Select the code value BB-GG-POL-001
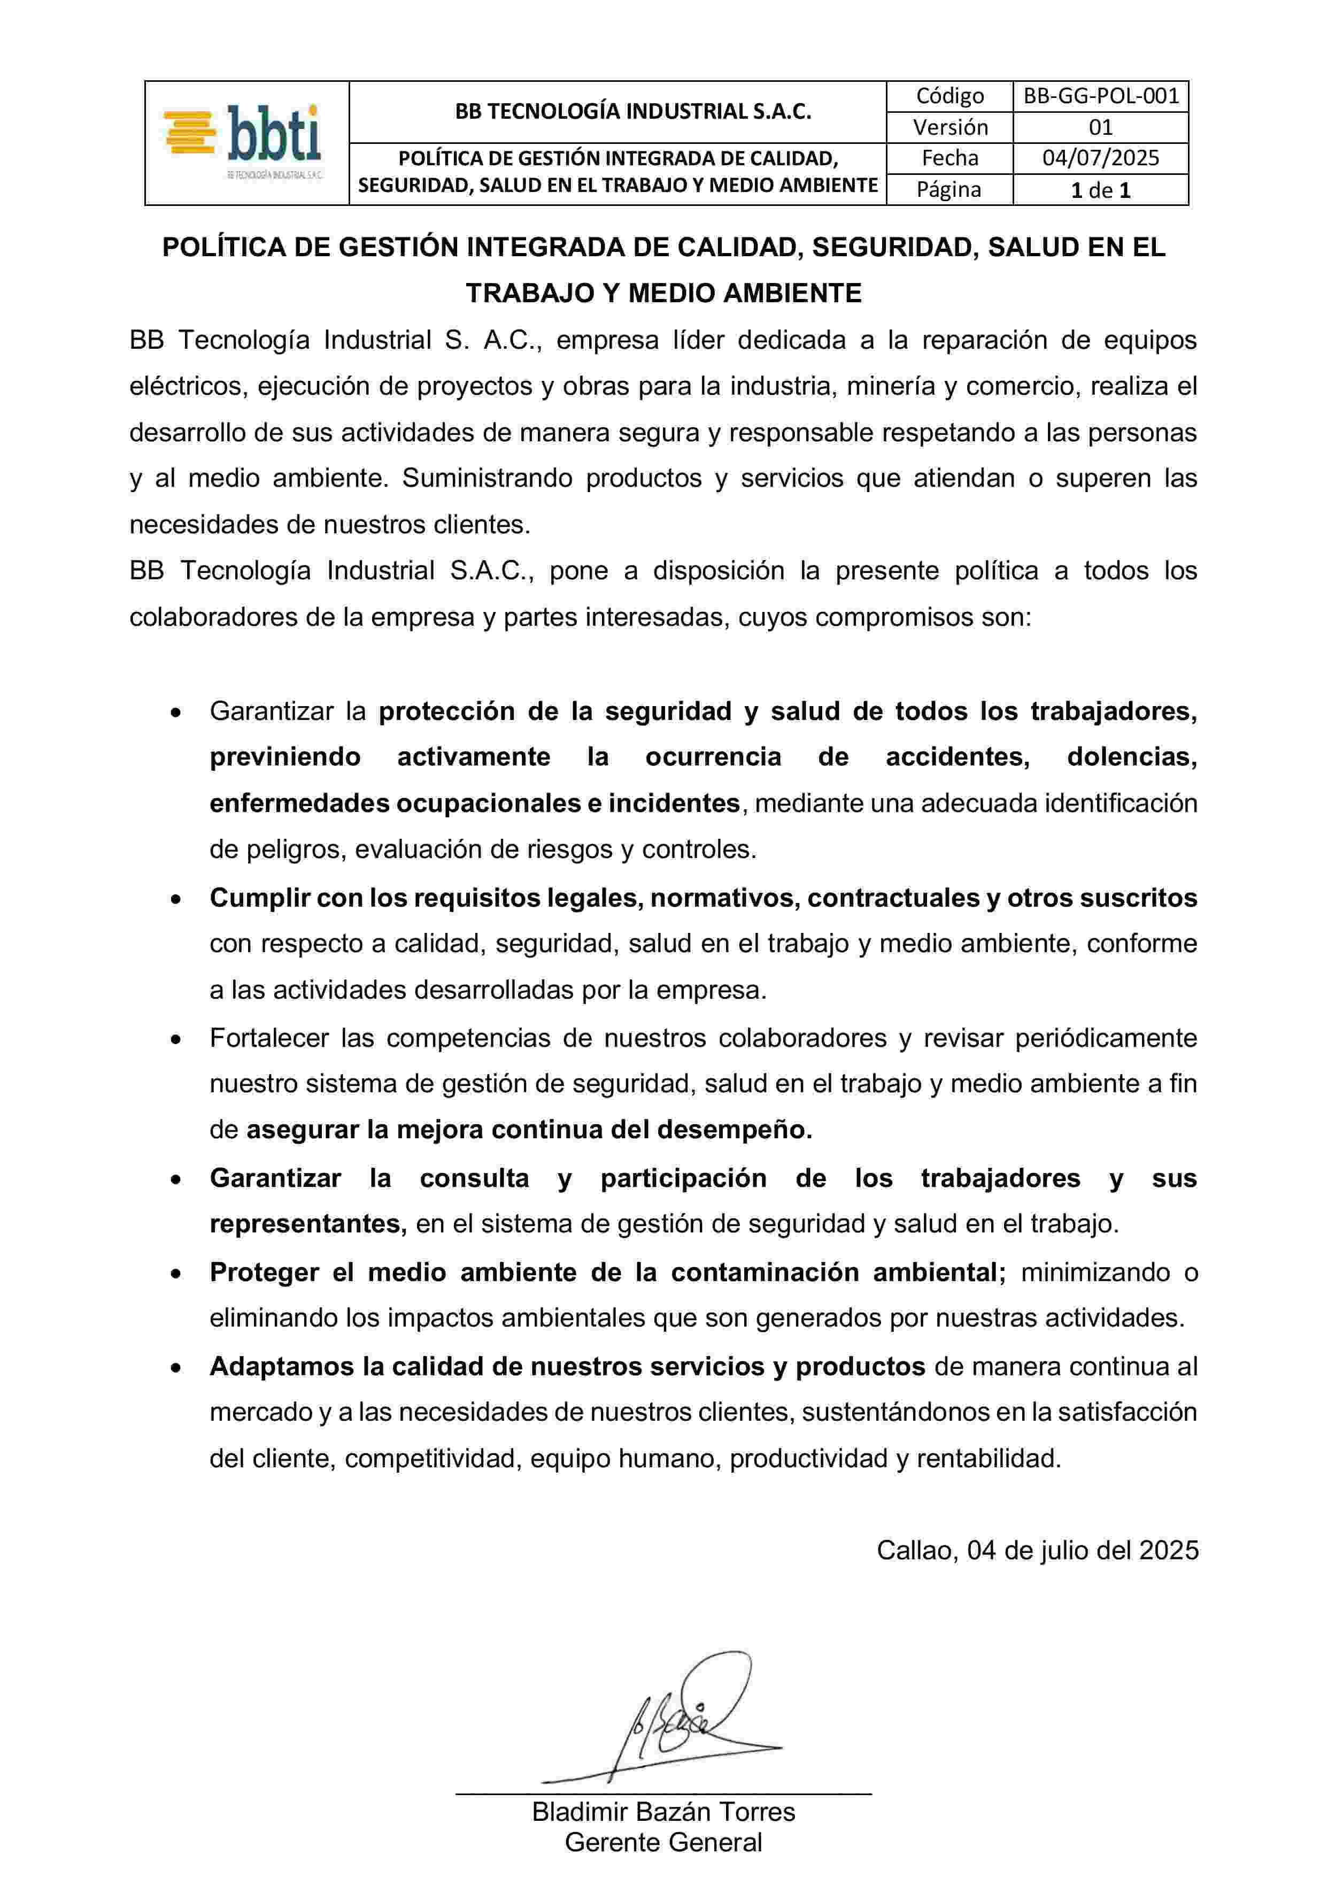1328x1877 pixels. tap(1101, 96)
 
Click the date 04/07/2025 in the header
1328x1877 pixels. tap(1101, 158)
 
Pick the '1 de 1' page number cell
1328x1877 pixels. tap(1101, 190)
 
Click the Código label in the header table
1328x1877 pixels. tap(949, 96)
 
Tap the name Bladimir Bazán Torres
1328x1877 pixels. tap(663, 1812)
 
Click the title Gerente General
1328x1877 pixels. tap(663, 1843)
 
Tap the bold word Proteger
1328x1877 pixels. tap(264, 1273)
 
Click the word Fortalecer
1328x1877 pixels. tap(267, 1038)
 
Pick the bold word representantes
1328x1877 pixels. tap(307, 1224)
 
